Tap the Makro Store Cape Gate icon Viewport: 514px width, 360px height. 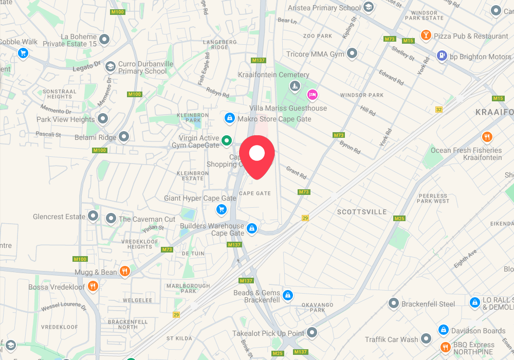(230, 118)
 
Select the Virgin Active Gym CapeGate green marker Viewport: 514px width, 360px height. (227, 140)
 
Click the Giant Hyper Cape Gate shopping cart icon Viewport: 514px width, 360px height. (221, 209)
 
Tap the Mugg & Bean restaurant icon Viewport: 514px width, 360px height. (124, 271)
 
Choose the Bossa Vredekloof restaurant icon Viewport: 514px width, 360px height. (93, 286)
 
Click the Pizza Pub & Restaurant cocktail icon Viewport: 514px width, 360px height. (426, 35)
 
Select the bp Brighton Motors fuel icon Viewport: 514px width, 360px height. (442, 56)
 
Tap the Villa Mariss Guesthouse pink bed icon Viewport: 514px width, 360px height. (312, 95)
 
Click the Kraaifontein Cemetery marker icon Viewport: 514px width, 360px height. (295, 85)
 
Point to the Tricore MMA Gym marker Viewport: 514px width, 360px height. (352, 53)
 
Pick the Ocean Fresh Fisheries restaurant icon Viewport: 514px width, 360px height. (487, 137)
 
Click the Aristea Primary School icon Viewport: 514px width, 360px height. (369, 7)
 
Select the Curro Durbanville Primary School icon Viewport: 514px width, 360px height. (110, 67)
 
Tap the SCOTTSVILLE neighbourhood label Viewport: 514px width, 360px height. (362, 212)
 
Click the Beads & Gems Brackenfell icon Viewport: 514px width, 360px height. (288, 296)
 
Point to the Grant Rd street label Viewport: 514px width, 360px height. (296, 172)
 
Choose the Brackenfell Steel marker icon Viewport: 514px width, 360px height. (394, 303)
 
